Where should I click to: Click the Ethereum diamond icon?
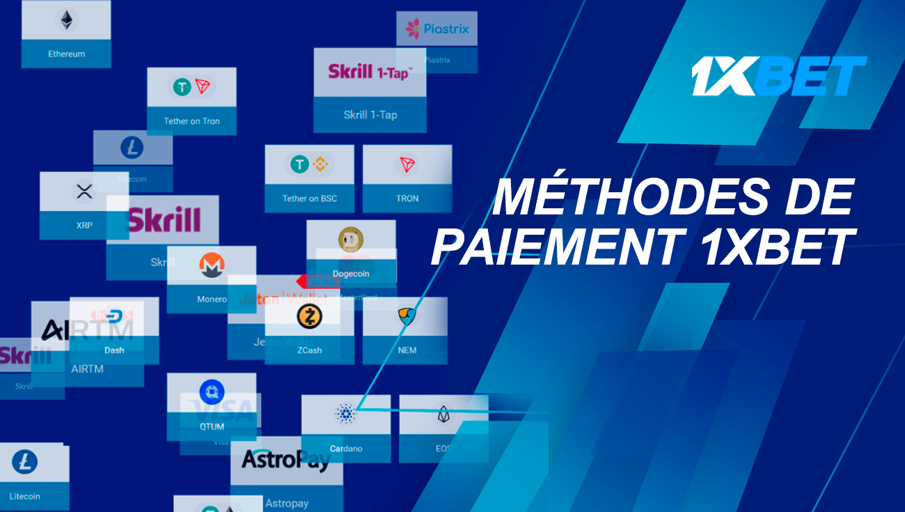[x=66, y=20]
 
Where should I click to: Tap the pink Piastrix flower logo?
[x=414, y=29]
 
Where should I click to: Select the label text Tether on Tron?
[x=191, y=121]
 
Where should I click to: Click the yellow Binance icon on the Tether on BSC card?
[x=319, y=165]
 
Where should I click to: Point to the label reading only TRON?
[x=407, y=199]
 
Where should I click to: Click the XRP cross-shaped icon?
[x=84, y=192]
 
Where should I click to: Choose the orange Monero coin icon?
[x=211, y=265]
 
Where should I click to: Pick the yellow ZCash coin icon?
[x=309, y=317]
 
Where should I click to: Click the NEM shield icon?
[x=406, y=317]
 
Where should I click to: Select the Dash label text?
[x=114, y=350]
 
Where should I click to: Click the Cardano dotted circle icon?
[x=345, y=414]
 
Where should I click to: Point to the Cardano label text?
[x=346, y=449]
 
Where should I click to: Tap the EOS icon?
[x=443, y=416]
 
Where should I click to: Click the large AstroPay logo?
[x=285, y=460]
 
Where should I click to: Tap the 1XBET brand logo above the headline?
[x=778, y=76]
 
